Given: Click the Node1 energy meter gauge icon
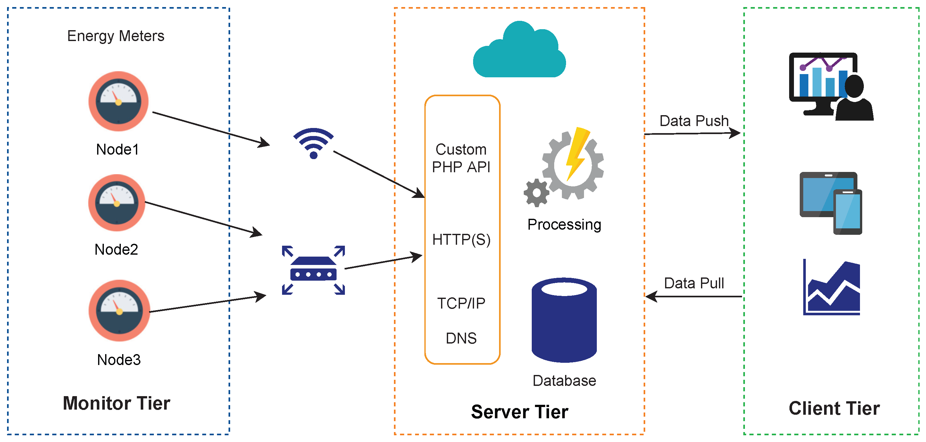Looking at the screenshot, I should [x=118, y=101].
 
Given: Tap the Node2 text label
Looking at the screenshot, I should [x=116, y=250].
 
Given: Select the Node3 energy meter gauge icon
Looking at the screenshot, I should [x=119, y=311].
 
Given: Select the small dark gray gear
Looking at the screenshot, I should [x=536, y=193].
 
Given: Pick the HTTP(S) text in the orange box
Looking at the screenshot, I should [x=462, y=240].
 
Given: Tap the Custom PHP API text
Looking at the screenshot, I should [x=461, y=158].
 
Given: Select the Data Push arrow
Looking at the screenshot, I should [x=692, y=134].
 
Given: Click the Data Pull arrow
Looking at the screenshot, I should [x=694, y=297].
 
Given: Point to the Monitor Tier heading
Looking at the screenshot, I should [x=116, y=404].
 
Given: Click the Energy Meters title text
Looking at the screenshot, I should [x=116, y=36].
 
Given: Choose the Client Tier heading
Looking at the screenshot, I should [x=834, y=409].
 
